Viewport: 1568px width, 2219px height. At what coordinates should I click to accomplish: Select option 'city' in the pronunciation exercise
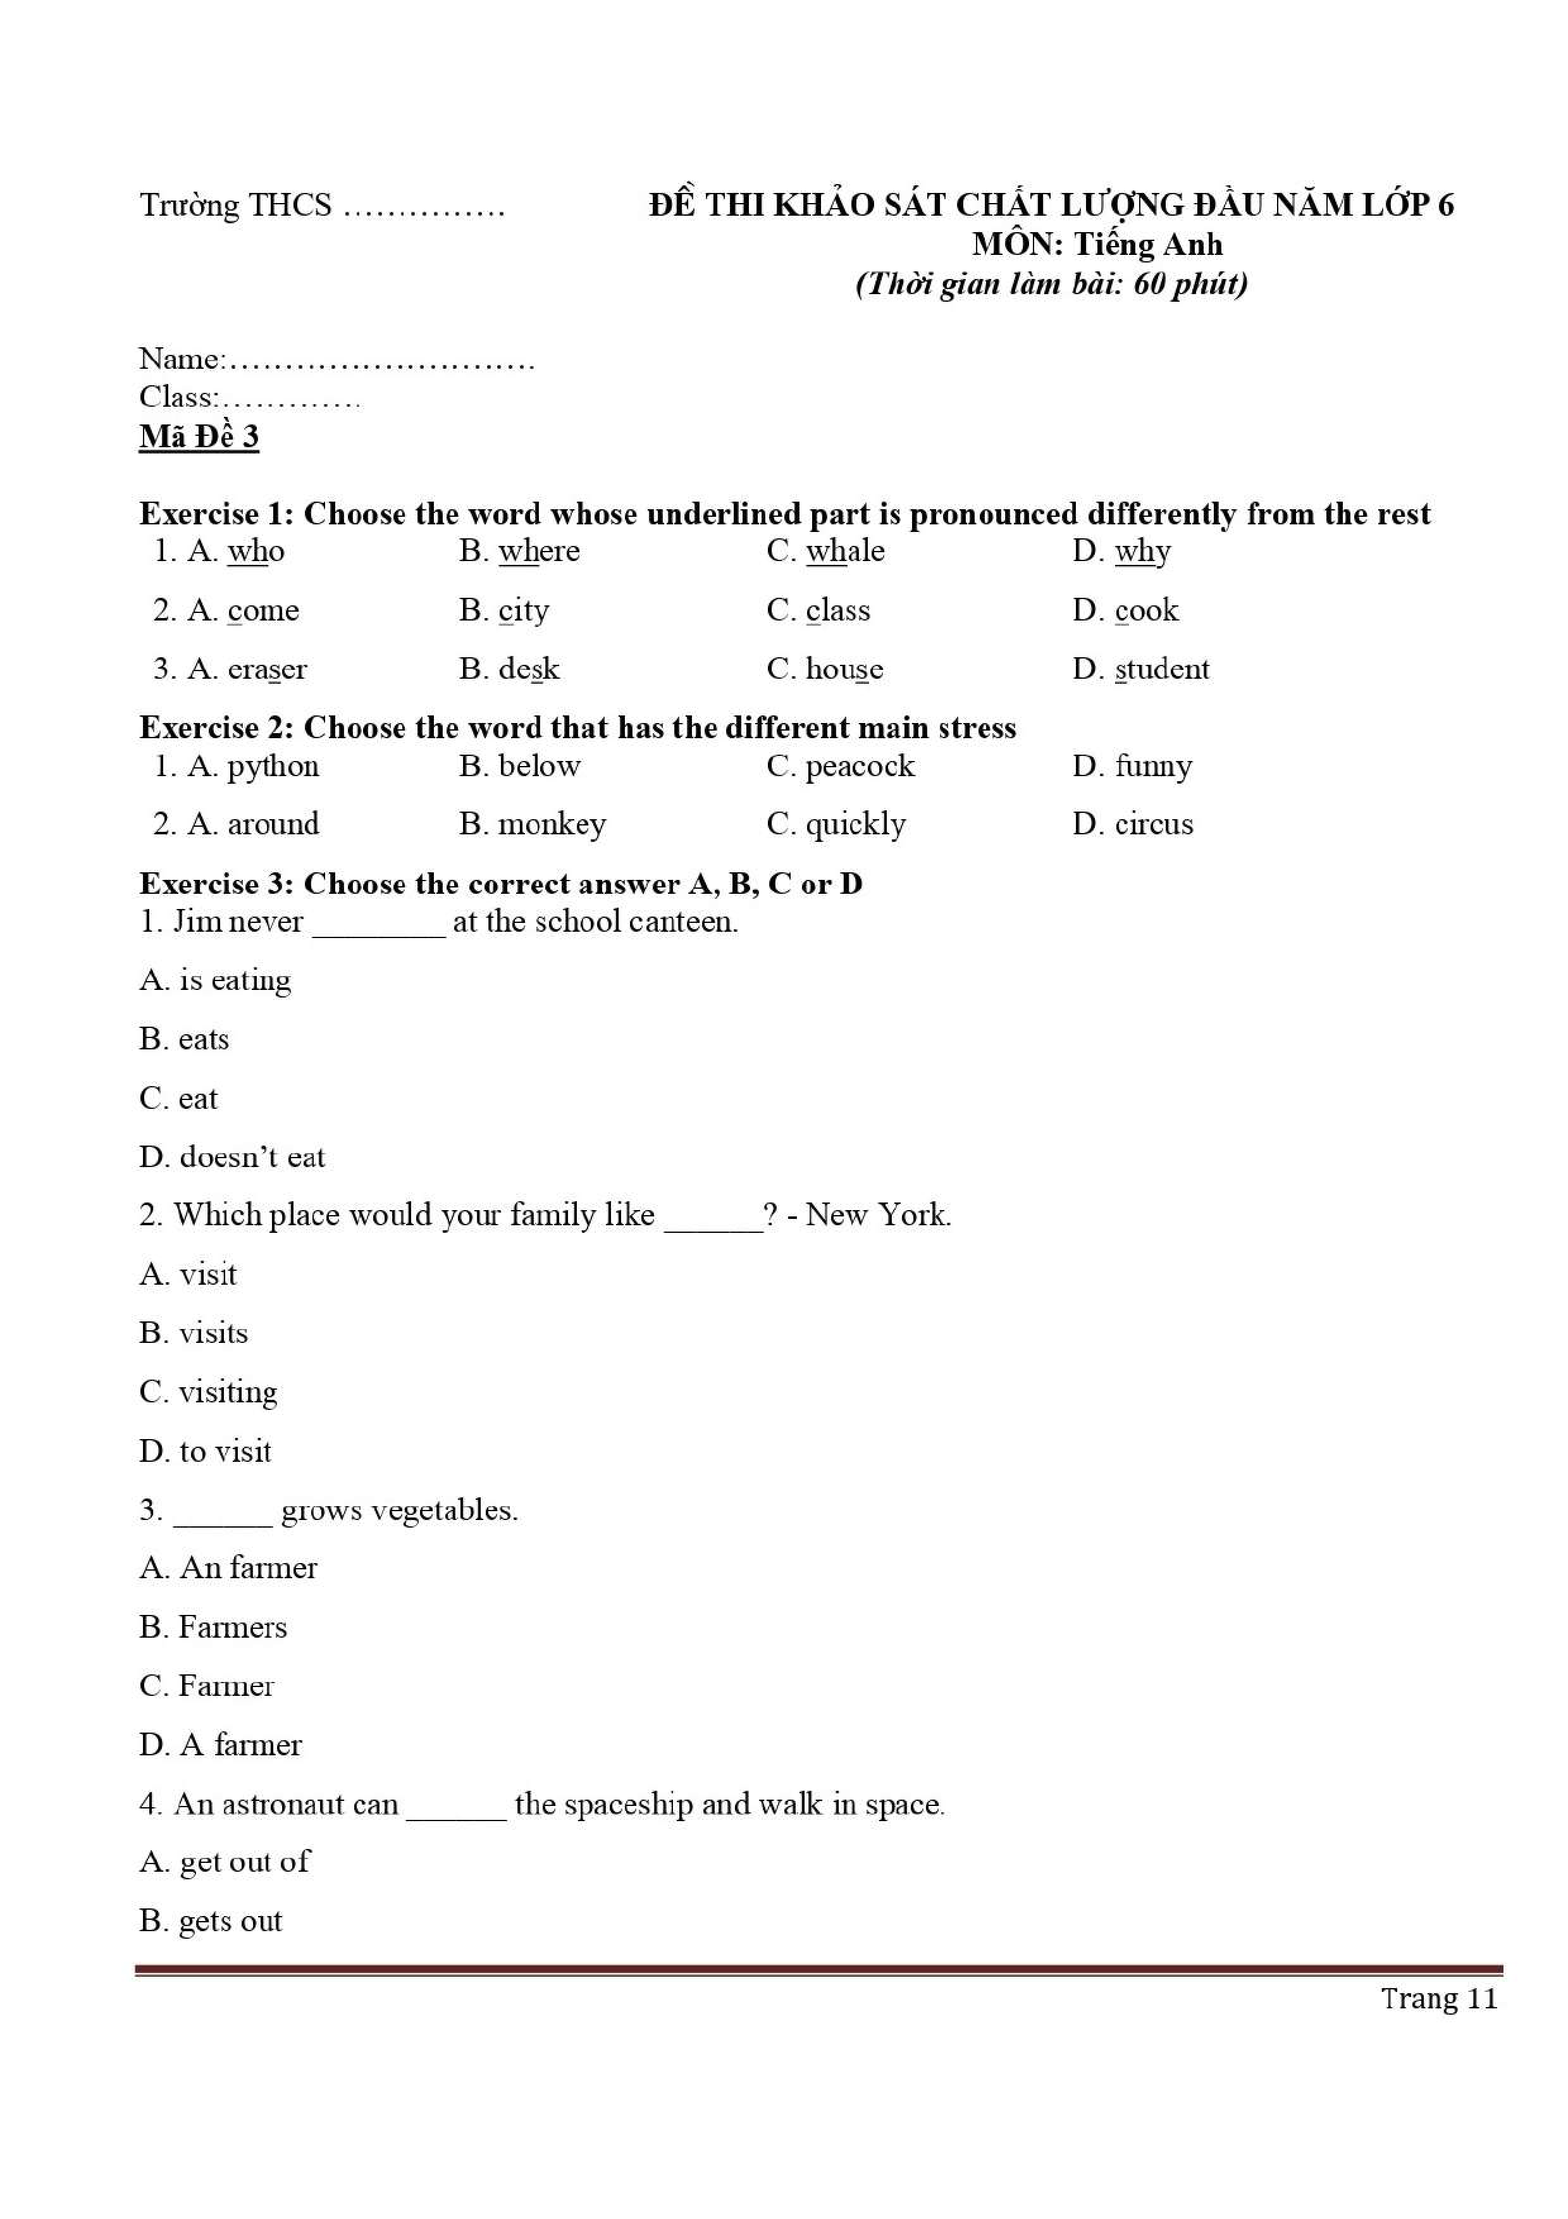(x=524, y=611)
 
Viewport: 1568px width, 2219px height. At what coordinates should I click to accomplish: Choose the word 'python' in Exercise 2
(x=273, y=767)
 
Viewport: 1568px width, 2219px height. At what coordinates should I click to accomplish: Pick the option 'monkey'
(x=552, y=824)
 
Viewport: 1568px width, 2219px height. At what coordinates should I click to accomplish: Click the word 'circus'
(x=1154, y=824)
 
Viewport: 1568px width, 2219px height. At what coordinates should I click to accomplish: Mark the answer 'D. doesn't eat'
(x=232, y=1157)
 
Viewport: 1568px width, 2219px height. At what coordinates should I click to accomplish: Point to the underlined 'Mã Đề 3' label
(x=199, y=437)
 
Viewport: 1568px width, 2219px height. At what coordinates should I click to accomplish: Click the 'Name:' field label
(x=182, y=359)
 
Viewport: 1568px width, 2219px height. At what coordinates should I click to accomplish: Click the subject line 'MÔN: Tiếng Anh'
(x=1097, y=245)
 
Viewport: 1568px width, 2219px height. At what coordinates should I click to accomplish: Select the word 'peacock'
(x=859, y=767)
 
